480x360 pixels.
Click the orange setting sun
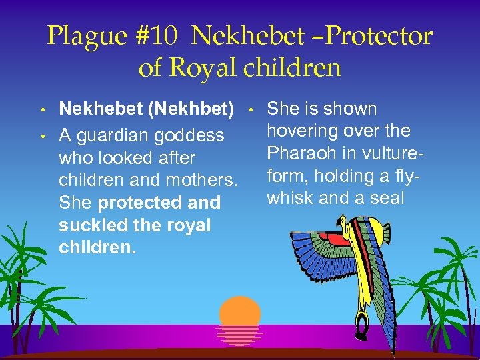coord(240,313)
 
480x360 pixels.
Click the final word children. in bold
coord(97,248)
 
